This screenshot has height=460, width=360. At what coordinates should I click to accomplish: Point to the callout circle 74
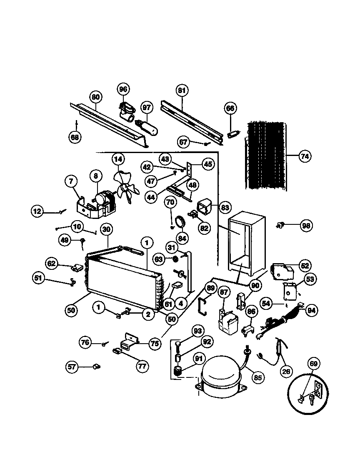coord(305,157)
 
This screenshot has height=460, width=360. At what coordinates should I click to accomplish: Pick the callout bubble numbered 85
coord(258,378)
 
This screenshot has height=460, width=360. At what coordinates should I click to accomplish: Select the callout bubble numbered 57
coord(72,367)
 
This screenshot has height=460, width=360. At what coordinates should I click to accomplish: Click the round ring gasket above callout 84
coord(182,223)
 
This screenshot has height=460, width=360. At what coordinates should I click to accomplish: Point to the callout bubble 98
coord(307,226)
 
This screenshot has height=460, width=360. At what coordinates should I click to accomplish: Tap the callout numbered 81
coord(182,90)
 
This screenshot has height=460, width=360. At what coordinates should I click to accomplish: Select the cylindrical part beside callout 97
coord(148,128)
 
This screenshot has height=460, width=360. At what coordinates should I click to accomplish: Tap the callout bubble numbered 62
coord(52,264)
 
